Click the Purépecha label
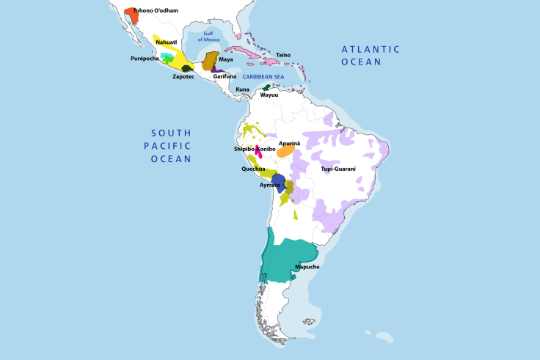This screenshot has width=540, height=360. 145,59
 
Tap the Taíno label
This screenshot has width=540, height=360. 283,54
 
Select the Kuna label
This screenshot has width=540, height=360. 242,89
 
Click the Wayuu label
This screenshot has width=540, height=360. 269,95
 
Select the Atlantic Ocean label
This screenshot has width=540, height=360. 371,56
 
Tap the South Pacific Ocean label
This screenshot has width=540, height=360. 171,145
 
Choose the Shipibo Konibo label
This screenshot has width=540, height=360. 255,149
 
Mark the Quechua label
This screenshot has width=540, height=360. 253,169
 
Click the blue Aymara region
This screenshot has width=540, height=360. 278,182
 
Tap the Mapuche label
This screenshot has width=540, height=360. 307,267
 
